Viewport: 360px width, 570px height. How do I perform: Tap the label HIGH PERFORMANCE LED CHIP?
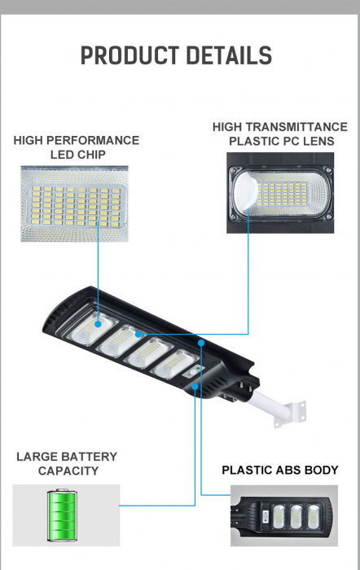point(77,147)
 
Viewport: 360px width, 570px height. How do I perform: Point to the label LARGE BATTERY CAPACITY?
point(68,463)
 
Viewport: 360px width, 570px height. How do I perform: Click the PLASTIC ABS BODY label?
point(280,470)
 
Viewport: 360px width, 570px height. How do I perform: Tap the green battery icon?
point(62,515)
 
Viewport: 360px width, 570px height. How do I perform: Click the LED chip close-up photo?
point(75,204)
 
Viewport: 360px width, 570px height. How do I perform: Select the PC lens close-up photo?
point(280,193)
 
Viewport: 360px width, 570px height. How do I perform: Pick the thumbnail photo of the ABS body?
point(284,515)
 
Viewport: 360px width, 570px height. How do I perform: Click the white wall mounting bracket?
point(292,413)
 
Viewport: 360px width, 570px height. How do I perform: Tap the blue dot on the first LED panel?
point(99,324)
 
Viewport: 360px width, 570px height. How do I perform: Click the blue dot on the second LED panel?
point(138,334)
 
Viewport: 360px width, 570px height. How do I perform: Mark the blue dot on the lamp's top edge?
point(201,343)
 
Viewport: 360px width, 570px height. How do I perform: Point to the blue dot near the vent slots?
point(195,387)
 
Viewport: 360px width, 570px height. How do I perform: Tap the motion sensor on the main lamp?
point(193,373)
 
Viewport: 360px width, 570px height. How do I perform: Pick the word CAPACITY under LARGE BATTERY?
point(68,471)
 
